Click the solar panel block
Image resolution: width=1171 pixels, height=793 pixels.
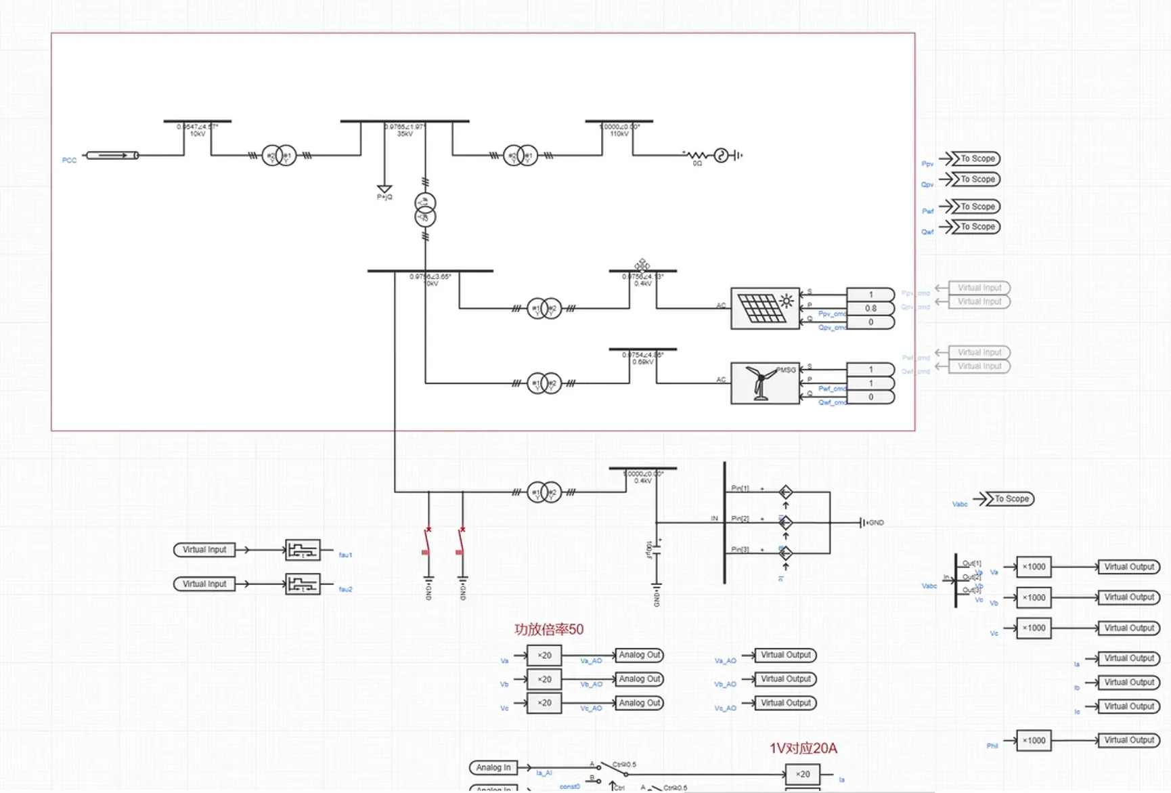pyautogui.click(x=764, y=308)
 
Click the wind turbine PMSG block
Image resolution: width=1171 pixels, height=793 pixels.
pyautogui.click(x=764, y=383)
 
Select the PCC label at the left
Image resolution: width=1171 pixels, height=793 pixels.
pyautogui.click(x=69, y=160)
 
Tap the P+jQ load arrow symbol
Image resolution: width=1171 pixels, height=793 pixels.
pyautogui.click(x=384, y=189)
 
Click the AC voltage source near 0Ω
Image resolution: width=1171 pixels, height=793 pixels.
pyautogui.click(x=722, y=156)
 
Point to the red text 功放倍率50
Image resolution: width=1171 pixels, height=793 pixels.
pyautogui.click(x=548, y=630)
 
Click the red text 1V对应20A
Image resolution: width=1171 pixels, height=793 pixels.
pyautogui.click(x=803, y=748)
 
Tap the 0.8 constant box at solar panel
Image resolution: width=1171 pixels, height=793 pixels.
pyautogui.click(x=870, y=308)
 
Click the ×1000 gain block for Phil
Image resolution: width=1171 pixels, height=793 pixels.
pyautogui.click(x=1034, y=740)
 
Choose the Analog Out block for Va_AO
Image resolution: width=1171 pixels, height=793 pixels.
pyautogui.click(x=639, y=655)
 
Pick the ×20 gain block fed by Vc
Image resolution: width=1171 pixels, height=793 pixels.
pyautogui.click(x=544, y=703)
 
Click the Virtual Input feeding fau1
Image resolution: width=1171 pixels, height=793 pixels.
pyautogui.click(x=204, y=550)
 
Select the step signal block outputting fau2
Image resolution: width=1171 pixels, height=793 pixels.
pyautogui.click(x=302, y=584)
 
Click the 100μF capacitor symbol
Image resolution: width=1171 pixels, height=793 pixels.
pyautogui.click(x=656, y=549)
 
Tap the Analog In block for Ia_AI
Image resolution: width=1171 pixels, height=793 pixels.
pyautogui.click(x=493, y=767)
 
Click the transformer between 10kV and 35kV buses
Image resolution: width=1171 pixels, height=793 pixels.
pyautogui.click(x=279, y=156)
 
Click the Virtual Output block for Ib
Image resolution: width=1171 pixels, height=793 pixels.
pyautogui.click(x=1128, y=682)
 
